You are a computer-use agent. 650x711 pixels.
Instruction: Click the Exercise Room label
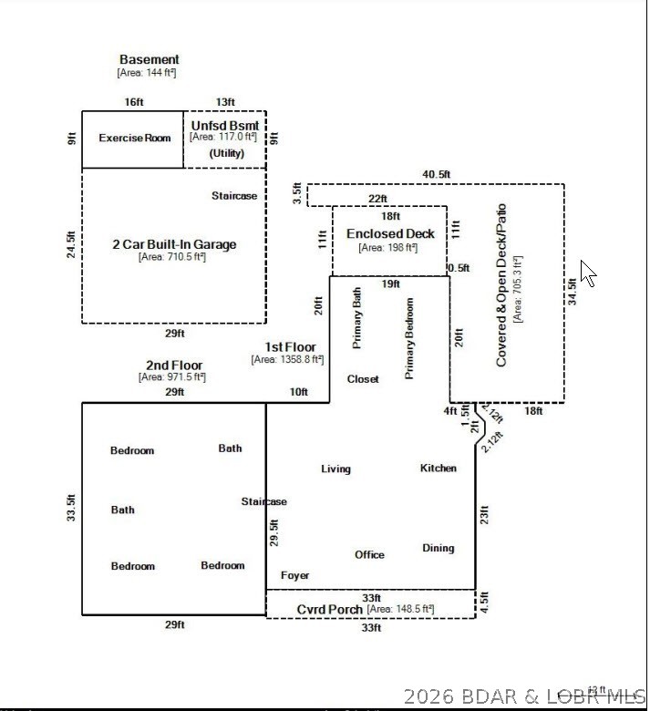coord(135,139)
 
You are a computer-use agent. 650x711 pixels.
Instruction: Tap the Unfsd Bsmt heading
coord(224,125)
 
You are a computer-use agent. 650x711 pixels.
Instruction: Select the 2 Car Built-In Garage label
coord(173,244)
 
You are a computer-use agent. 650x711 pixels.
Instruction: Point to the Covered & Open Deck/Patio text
coord(501,285)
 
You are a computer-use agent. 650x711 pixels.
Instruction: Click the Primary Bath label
coord(357,317)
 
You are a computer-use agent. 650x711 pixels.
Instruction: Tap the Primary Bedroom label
coord(409,338)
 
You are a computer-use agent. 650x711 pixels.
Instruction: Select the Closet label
coord(363,379)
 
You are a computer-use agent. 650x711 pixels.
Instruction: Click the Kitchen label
coord(438,469)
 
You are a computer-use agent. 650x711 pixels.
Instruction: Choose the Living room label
coord(335,469)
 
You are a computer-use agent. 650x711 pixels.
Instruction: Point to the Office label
coord(369,555)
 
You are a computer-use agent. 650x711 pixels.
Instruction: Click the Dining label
coord(438,549)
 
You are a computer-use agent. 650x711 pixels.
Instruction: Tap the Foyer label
coord(294,576)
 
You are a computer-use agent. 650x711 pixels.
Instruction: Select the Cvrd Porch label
coord(329,609)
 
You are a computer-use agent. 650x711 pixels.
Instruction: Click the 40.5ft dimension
coord(436,174)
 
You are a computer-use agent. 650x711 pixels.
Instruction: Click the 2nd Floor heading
coord(174,366)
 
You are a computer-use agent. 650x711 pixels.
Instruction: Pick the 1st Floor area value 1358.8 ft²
coord(287,360)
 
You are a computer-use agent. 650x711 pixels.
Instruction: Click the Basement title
coord(150,60)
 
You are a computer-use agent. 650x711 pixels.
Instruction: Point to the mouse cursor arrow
coord(587,273)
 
